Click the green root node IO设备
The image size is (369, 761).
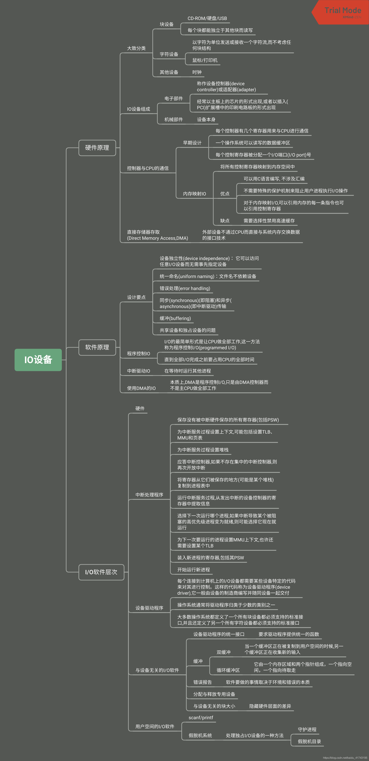click(x=38, y=360)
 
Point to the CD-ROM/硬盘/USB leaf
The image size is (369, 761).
click(x=207, y=18)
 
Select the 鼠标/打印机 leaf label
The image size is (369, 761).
click(x=205, y=60)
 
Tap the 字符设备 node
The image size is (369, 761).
click(x=169, y=54)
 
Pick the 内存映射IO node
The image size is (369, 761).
click(x=194, y=194)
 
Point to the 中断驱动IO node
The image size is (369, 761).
click(x=138, y=371)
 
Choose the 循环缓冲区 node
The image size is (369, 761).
click(x=228, y=670)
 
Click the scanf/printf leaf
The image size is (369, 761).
click(x=201, y=718)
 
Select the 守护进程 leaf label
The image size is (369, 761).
click(x=307, y=729)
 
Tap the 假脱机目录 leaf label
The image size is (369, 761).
click(x=309, y=742)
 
